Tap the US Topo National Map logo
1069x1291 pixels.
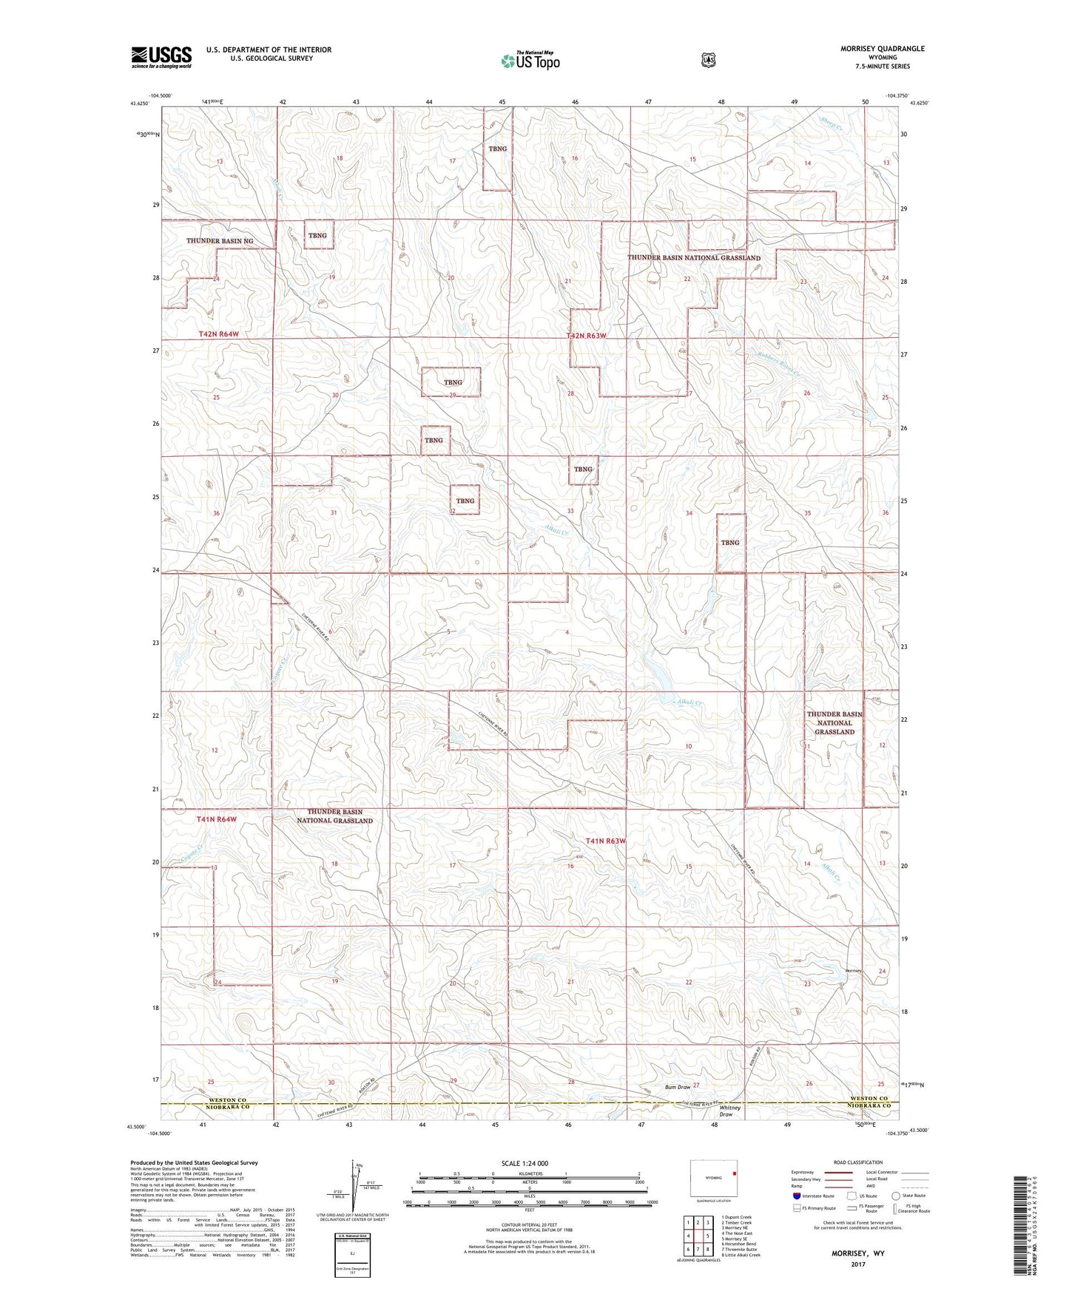tap(530, 61)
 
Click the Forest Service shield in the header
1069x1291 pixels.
tap(708, 59)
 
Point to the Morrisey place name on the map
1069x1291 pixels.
tap(853, 971)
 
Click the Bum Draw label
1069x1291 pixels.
tap(677, 1087)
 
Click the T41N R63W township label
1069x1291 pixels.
tap(606, 841)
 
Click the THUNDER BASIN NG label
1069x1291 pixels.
tap(220, 241)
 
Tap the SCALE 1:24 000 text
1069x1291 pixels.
tap(525, 1163)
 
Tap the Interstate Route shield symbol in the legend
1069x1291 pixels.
tap(796, 1196)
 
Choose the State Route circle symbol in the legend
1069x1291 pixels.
tap(896, 1196)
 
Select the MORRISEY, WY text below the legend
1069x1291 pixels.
tap(858, 1253)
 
